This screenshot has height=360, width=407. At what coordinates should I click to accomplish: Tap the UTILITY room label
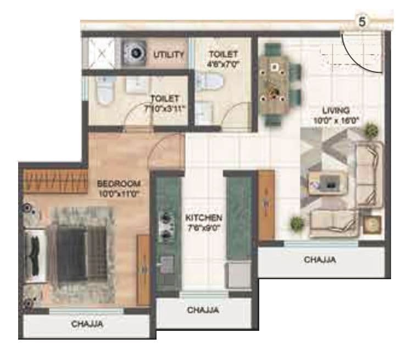tap(169, 55)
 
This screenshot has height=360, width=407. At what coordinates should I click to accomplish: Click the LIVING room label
tap(336, 110)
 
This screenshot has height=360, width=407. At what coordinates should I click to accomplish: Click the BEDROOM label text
tap(119, 183)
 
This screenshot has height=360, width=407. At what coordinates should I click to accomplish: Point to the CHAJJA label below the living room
tap(320, 260)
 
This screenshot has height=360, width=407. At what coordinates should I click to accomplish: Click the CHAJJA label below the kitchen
tap(203, 311)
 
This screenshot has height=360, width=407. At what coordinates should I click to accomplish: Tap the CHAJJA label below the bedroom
tap(87, 324)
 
